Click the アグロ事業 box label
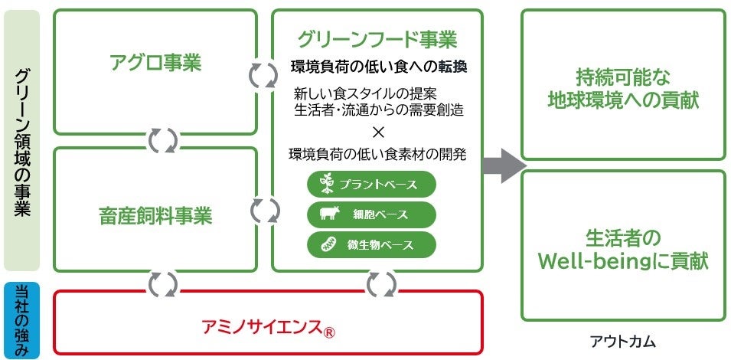(x=155, y=63)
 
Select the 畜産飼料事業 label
(x=155, y=216)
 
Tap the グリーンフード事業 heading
(x=377, y=39)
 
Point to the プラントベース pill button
(x=371, y=185)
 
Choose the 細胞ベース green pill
(x=371, y=214)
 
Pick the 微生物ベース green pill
(x=371, y=244)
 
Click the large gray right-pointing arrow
(x=506, y=165)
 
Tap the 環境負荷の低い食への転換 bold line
(x=379, y=67)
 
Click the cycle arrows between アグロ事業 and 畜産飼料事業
(x=162, y=140)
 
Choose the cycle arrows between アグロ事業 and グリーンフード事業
(x=264, y=74)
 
